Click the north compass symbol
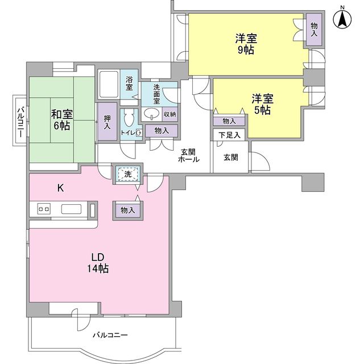(x=343, y=18)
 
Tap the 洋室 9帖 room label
(x=246, y=44)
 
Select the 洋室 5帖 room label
(x=262, y=104)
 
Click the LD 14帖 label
(x=98, y=262)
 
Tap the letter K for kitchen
(x=60, y=187)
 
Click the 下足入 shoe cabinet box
(x=229, y=135)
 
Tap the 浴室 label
(x=129, y=84)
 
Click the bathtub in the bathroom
(x=108, y=85)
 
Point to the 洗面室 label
(x=156, y=93)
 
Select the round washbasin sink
(x=151, y=114)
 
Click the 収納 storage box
(x=169, y=114)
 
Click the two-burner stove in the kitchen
(x=44, y=209)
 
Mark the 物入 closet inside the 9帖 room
(x=313, y=30)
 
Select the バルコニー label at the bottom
(x=110, y=335)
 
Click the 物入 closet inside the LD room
(x=127, y=210)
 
